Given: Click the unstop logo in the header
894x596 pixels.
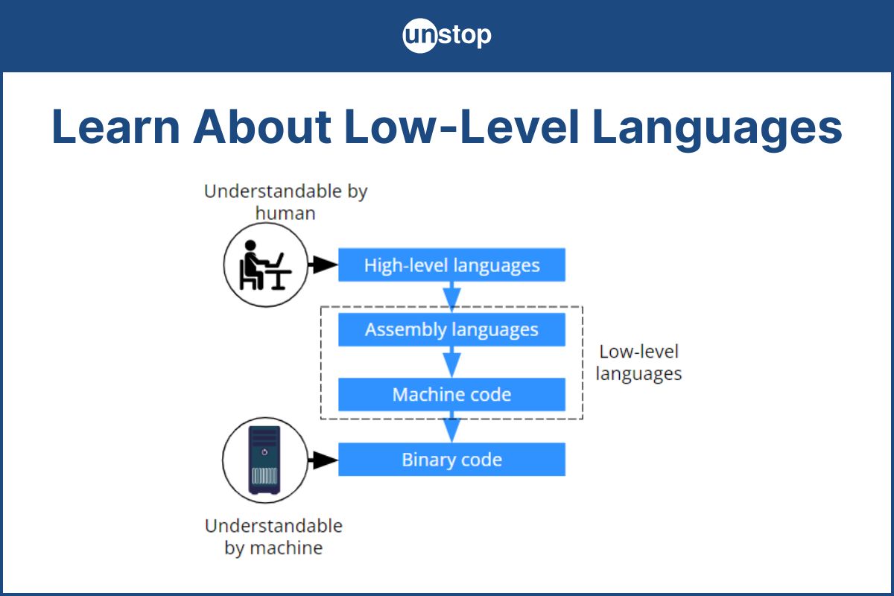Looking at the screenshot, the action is pyautogui.click(x=447, y=36).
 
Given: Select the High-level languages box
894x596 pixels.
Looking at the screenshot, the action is pyautogui.click(x=451, y=264).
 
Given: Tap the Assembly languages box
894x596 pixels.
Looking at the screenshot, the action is pyautogui.click(x=451, y=329).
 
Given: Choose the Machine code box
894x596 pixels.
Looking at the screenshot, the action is pyautogui.click(x=451, y=394).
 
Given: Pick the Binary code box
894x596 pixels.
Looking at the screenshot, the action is pyautogui.click(x=451, y=460).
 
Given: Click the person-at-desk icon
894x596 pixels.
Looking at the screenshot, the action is pyautogui.click(x=265, y=264).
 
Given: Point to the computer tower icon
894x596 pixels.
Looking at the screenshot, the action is pyautogui.click(x=264, y=460).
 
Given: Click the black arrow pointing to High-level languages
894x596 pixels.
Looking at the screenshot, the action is pyautogui.click(x=323, y=264).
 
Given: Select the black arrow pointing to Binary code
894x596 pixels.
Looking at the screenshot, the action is pyautogui.click(x=323, y=460).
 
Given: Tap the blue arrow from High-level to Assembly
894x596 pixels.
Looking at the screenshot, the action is pyautogui.click(x=451, y=297).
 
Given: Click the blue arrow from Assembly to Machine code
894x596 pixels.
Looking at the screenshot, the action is pyautogui.click(x=451, y=362).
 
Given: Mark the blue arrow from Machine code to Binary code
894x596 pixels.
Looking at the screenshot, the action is pyautogui.click(x=451, y=427).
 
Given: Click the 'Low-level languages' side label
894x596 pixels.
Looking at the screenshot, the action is pyautogui.click(x=638, y=363).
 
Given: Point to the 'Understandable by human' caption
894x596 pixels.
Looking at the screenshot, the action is pyautogui.click(x=285, y=202).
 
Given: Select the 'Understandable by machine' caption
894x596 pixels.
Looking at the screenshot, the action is pyautogui.click(x=274, y=537).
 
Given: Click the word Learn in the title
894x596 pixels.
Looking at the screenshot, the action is pyautogui.click(x=115, y=127).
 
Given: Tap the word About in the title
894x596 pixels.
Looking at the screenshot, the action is pyautogui.click(x=262, y=127).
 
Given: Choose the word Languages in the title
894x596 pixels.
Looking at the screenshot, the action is pyautogui.click(x=717, y=130).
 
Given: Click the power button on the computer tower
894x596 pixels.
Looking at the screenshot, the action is pyautogui.click(x=264, y=452).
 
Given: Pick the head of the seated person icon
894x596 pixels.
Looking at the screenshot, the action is pyautogui.click(x=250, y=245).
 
